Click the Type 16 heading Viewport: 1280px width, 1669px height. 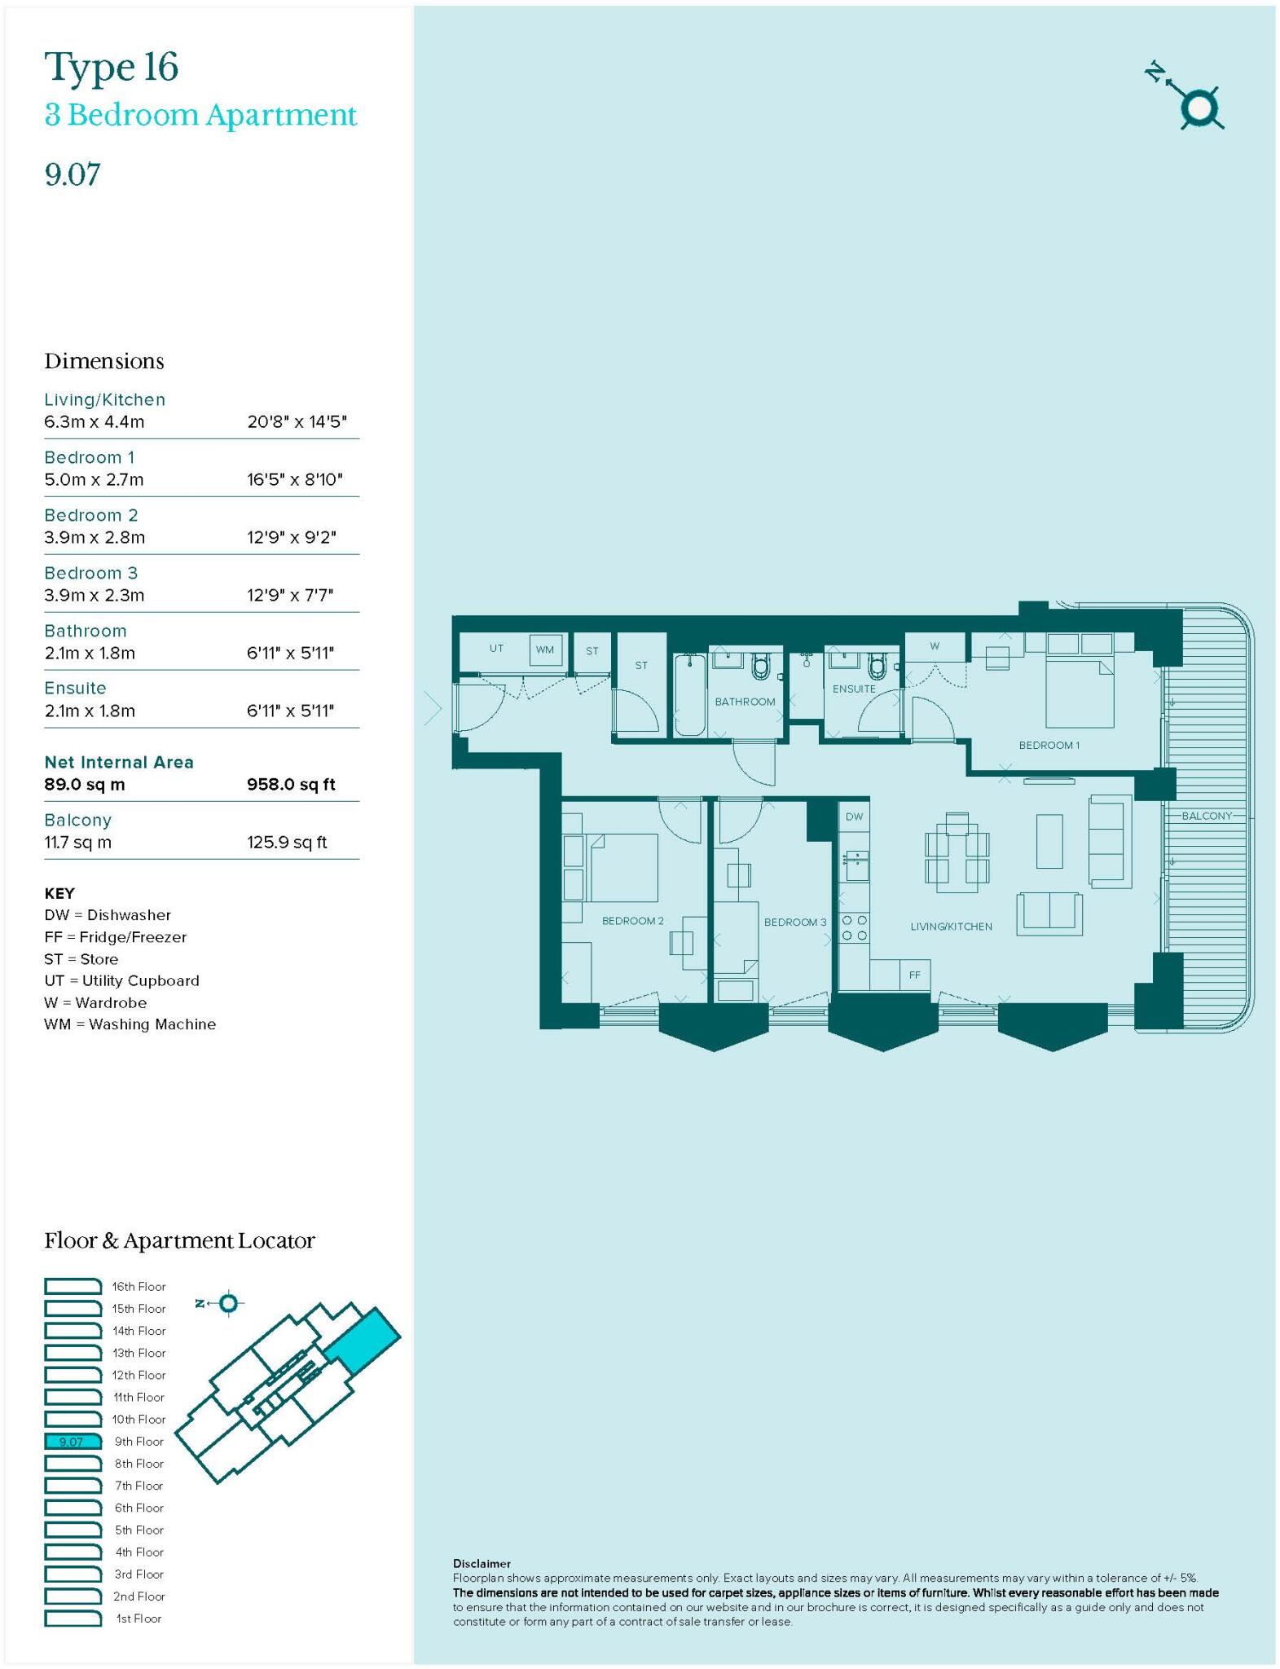111,67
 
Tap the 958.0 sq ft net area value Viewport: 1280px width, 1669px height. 291,785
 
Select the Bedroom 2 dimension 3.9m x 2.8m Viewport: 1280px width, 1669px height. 95,538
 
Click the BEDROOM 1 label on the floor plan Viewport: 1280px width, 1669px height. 1049,745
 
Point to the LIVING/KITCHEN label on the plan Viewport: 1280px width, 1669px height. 951,927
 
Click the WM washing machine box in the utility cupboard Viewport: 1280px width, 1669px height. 545,650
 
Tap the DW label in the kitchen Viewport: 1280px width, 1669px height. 854,817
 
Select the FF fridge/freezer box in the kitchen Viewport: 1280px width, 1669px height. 914,975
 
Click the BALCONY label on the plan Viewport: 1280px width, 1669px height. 1207,816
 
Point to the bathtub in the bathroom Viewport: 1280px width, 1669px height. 690,694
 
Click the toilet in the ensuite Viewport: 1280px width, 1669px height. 877,667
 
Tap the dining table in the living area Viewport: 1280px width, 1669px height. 957,848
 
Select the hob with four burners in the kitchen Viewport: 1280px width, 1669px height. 854,927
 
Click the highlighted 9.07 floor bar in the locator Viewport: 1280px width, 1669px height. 73,1442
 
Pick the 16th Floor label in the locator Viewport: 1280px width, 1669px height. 139,1287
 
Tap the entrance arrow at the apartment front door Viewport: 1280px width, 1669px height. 433,707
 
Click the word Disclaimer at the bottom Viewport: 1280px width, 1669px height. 482,1563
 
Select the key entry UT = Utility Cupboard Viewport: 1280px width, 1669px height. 121,980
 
